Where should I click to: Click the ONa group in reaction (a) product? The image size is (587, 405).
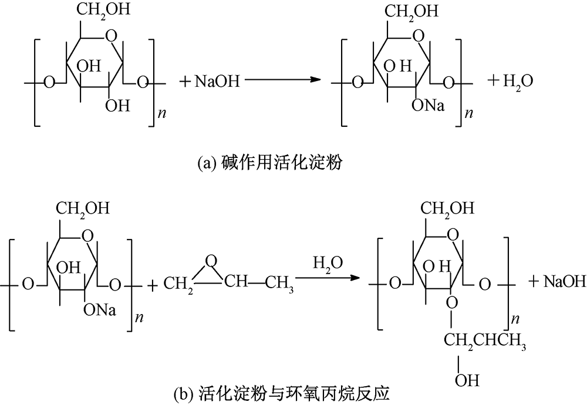click(x=429, y=106)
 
